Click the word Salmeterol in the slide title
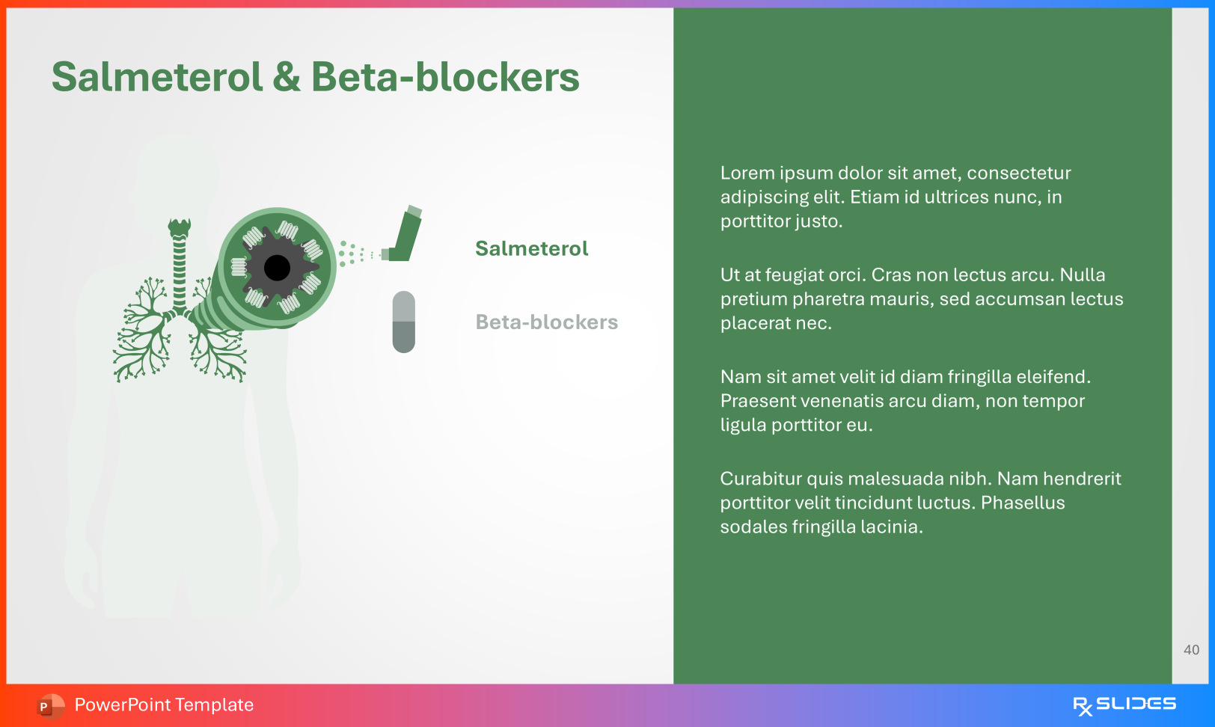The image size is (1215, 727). pyautogui.click(x=157, y=78)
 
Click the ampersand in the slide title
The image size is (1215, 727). pyautogui.click(x=287, y=78)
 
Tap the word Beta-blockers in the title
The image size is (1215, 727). pyautogui.click(x=445, y=78)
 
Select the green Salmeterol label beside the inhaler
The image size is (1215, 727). pyautogui.click(x=531, y=248)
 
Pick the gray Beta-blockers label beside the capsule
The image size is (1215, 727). pyautogui.click(x=546, y=322)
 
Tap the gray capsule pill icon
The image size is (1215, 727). pyautogui.click(x=403, y=322)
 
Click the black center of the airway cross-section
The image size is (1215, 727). pyautogui.click(x=277, y=267)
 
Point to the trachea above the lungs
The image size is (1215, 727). pyautogui.click(x=179, y=262)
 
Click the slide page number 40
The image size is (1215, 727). pyautogui.click(x=1191, y=650)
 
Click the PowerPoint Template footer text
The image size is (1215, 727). pyautogui.click(x=164, y=705)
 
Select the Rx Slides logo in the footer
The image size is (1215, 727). pyautogui.click(x=1124, y=705)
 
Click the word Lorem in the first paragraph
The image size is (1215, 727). pyautogui.click(x=747, y=174)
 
